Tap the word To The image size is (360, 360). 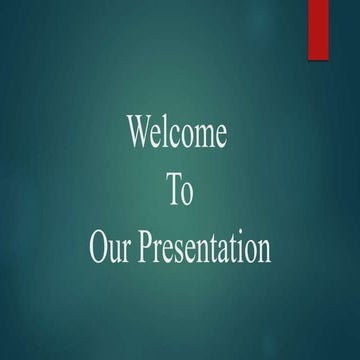179,191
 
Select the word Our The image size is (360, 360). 110,248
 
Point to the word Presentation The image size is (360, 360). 204,249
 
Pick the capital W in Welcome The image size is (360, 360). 140,133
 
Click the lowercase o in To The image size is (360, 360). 186,194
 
